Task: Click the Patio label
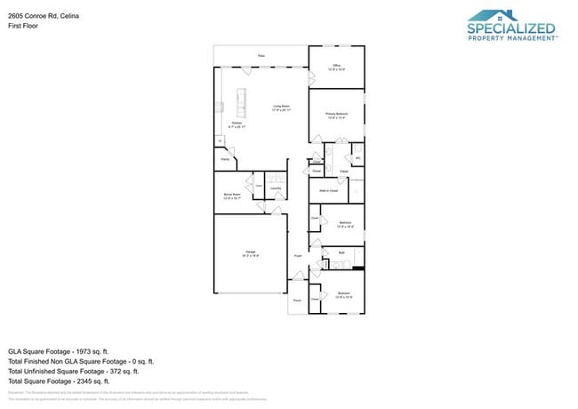tap(261, 56)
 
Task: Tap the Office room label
tap(337, 67)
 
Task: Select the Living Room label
tap(282, 108)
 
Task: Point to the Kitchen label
tap(237, 124)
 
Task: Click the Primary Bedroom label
tap(337, 116)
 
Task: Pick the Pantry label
tap(226, 160)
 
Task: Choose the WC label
tap(358, 158)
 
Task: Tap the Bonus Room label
tap(233, 196)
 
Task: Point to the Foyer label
tap(298, 256)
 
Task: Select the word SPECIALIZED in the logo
tap(511, 28)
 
